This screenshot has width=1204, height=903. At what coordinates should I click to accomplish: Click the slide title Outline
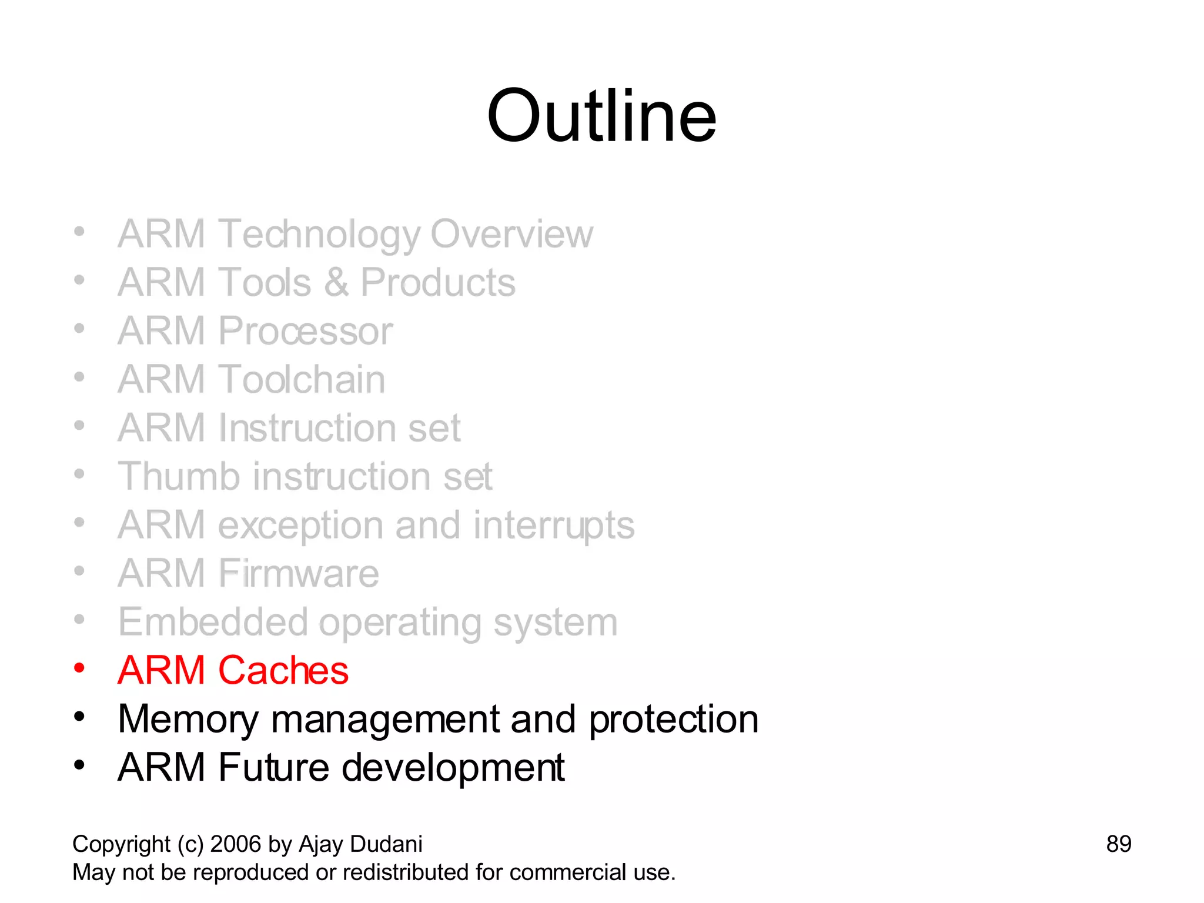[x=601, y=116]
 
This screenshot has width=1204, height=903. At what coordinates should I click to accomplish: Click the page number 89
[x=1118, y=844]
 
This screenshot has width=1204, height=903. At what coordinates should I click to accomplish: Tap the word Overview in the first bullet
[x=511, y=234]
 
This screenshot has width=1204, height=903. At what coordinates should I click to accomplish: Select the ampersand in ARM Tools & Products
[x=336, y=283]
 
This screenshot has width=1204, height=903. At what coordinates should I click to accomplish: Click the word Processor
[x=305, y=331]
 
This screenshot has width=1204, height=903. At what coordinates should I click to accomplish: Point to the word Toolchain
[x=302, y=379]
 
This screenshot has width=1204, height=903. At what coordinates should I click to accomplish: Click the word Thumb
[x=179, y=476]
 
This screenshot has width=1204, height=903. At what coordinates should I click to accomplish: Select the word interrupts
[x=554, y=525]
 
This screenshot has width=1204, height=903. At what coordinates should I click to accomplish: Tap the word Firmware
[x=299, y=573]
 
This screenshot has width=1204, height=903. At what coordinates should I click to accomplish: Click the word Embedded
[x=213, y=622]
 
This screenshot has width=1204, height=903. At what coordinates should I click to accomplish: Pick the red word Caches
[x=283, y=670]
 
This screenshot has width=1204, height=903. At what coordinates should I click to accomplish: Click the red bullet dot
[x=79, y=668]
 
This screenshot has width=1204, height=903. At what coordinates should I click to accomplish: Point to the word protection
[x=673, y=720]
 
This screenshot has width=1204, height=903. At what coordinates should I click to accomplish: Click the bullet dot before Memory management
[x=79, y=717]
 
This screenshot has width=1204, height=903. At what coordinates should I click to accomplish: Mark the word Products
[x=437, y=283]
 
